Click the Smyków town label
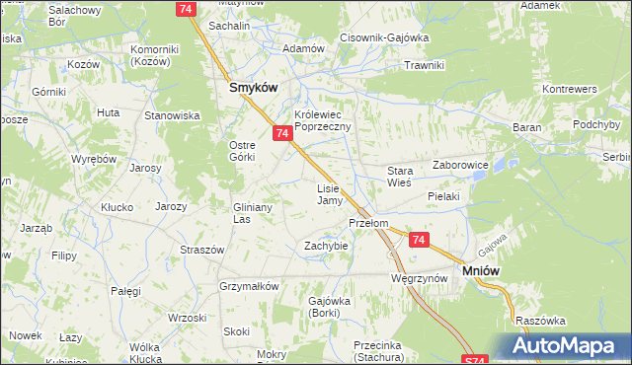(252, 87)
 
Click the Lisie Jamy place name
(329, 194)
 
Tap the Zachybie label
(325, 245)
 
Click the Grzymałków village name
(249, 286)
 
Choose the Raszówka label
(539, 321)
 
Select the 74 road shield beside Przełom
(420, 240)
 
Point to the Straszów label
(198, 250)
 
